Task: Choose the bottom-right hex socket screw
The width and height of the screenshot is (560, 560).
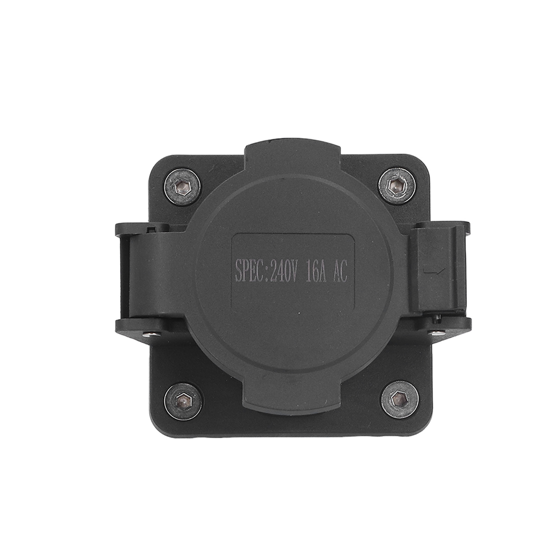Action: pos(398,398)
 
